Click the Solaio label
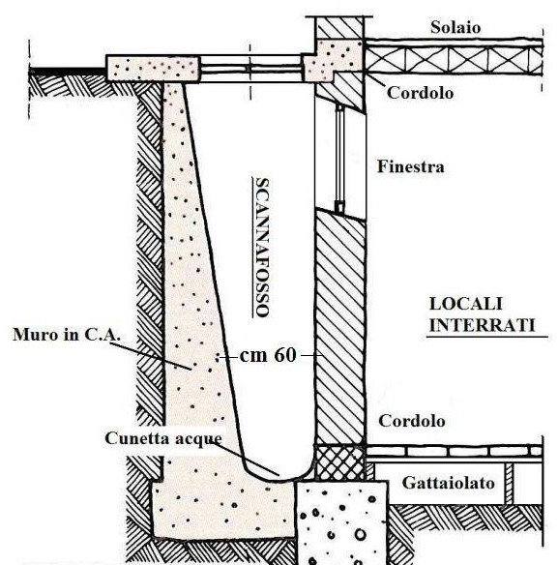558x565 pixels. click(455, 28)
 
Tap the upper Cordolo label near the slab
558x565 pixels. click(420, 93)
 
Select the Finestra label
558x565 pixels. click(411, 166)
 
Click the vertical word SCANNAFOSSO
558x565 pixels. click(262, 248)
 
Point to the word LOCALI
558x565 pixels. click(465, 304)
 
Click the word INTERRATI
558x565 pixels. click(482, 325)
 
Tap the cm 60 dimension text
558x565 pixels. click(268, 355)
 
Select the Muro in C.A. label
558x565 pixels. click(67, 335)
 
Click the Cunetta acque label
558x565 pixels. click(163, 438)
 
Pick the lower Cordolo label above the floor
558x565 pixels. click(412, 421)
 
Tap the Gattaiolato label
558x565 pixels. click(448, 483)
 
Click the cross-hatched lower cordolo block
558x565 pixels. click(339, 462)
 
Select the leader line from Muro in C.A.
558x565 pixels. click(151, 356)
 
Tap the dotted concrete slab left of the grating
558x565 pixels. click(153, 69)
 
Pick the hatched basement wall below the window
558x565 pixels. click(339, 327)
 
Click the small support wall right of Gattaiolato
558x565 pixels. click(509, 483)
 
